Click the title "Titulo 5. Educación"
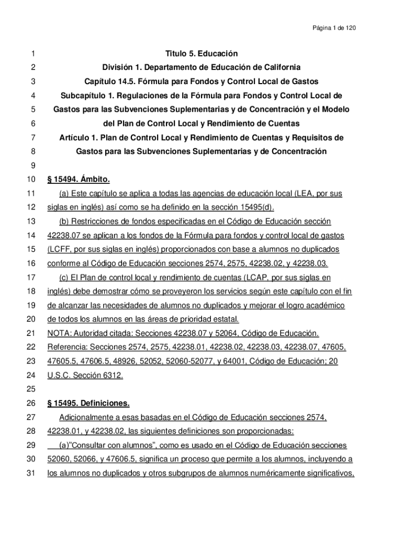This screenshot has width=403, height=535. [201, 54]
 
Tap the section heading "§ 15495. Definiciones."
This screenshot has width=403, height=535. [88, 404]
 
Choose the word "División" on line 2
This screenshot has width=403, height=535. [118, 68]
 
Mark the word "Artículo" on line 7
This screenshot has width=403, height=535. [75, 138]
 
